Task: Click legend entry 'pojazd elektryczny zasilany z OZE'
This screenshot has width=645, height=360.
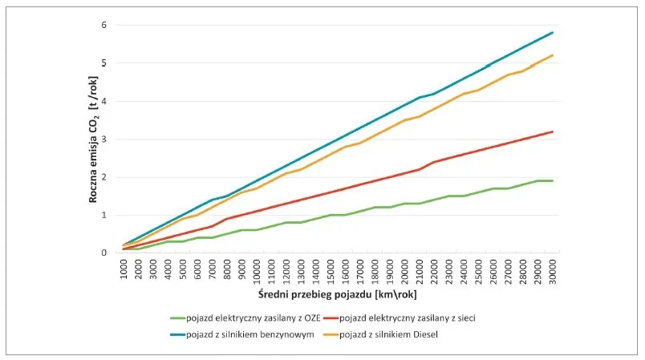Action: coord(248,318)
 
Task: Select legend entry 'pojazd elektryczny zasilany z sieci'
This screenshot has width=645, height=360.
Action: coord(408,318)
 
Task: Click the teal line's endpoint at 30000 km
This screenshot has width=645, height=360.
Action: coord(553,33)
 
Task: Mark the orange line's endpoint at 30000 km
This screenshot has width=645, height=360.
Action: coord(553,55)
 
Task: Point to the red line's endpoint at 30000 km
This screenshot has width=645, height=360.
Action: coord(553,131)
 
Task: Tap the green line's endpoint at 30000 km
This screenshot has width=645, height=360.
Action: coord(553,180)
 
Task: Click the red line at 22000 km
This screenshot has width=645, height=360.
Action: coord(435,162)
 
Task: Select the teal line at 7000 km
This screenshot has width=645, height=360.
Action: coord(213,200)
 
